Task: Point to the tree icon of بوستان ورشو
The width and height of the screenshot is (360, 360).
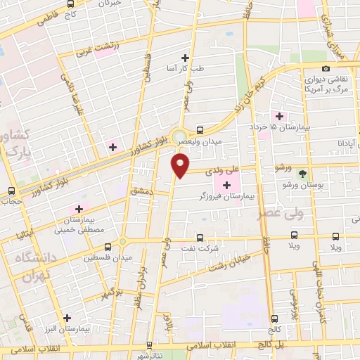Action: pyautogui.click(x=303, y=173)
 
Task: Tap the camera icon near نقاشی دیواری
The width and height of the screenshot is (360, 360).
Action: pyautogui.click(x=325, y=68)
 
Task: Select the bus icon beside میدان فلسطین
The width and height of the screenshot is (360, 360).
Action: pyautogui.click(x=108, y=247)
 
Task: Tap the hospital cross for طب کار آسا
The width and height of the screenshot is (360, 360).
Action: pyautogui.click(x=186, y=58)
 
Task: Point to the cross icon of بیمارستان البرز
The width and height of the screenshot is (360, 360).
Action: pyautogui.click(x=67, y=318)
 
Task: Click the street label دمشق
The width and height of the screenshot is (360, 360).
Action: pyautogui.click(x=141, y=191)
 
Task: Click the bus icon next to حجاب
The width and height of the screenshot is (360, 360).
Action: pyautogui.click(x=11, y=191)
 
